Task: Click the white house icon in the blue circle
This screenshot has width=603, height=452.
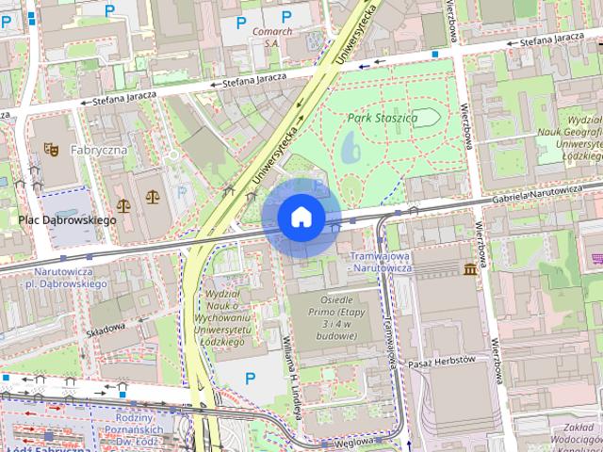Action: point(301,217)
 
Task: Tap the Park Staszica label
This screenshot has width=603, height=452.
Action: point(382,119)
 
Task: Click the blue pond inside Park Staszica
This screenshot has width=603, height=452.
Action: point(350,146)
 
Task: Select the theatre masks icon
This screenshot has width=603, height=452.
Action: point(50,149)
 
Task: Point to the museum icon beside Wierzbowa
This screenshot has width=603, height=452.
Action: point(469,270)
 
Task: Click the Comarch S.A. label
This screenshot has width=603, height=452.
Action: point(272,36)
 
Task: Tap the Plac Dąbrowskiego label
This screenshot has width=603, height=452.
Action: point(67,220)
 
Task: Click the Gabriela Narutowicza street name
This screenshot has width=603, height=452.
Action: point(545,201)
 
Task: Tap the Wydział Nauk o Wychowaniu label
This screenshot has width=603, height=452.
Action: point(224,318)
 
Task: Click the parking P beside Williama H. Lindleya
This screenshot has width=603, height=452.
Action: point(250,379)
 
